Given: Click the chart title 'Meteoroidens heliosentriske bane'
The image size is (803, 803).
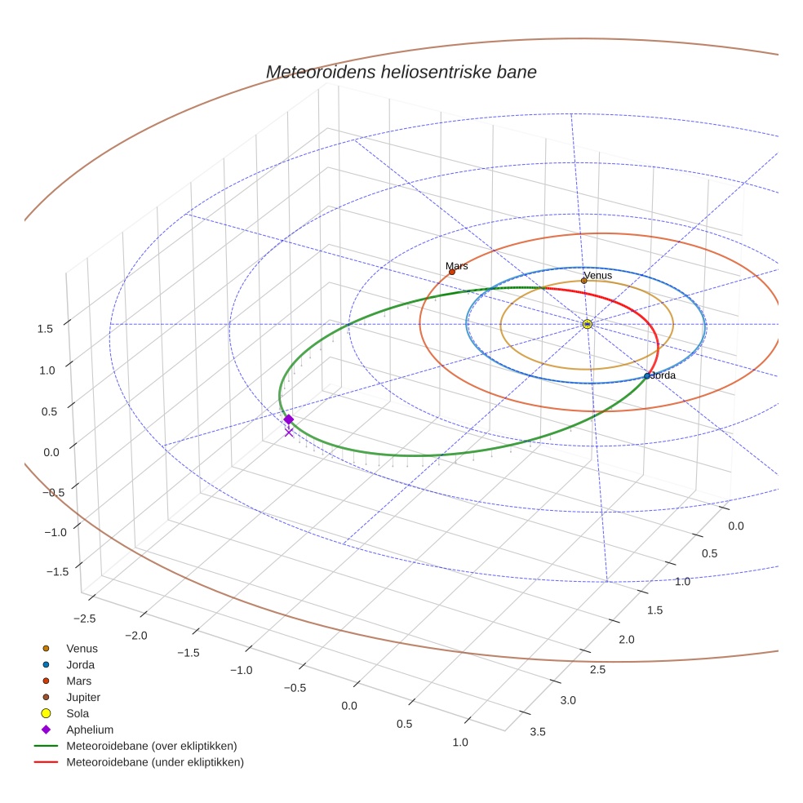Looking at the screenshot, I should click(x=401, y=72).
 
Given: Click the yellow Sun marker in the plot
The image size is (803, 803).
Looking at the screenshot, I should click(x=588, y=324).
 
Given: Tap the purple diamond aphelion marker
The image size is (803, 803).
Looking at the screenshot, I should click(x=288, y=419).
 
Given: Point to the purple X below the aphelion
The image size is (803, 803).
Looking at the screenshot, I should click(x=288, y=433).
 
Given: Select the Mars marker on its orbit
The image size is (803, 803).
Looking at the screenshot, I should click(x=452, y=272).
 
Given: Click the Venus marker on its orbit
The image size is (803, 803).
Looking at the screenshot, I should click(x=583, y=281).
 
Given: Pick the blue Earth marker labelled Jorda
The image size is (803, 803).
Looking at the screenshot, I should click(x=647, y=376).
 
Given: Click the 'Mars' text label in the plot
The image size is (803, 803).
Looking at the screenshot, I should click(x=457, y=266).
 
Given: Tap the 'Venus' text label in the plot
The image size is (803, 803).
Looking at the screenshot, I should click(x=597, y=275).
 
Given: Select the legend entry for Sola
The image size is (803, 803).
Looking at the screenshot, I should click(x=77, y=713).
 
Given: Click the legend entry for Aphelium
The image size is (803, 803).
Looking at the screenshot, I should click(x=89, y=730).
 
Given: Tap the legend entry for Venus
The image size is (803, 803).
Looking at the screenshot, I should click(x=82, y=649).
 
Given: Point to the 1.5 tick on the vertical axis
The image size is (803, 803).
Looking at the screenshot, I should click(x=45, y=328).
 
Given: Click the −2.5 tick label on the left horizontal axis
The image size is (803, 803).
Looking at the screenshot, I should click(x=84, y=619).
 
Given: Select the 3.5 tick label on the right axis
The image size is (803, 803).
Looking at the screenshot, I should click(x=538, y=732).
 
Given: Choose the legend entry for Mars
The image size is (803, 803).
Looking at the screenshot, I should click(x=78, y=681).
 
